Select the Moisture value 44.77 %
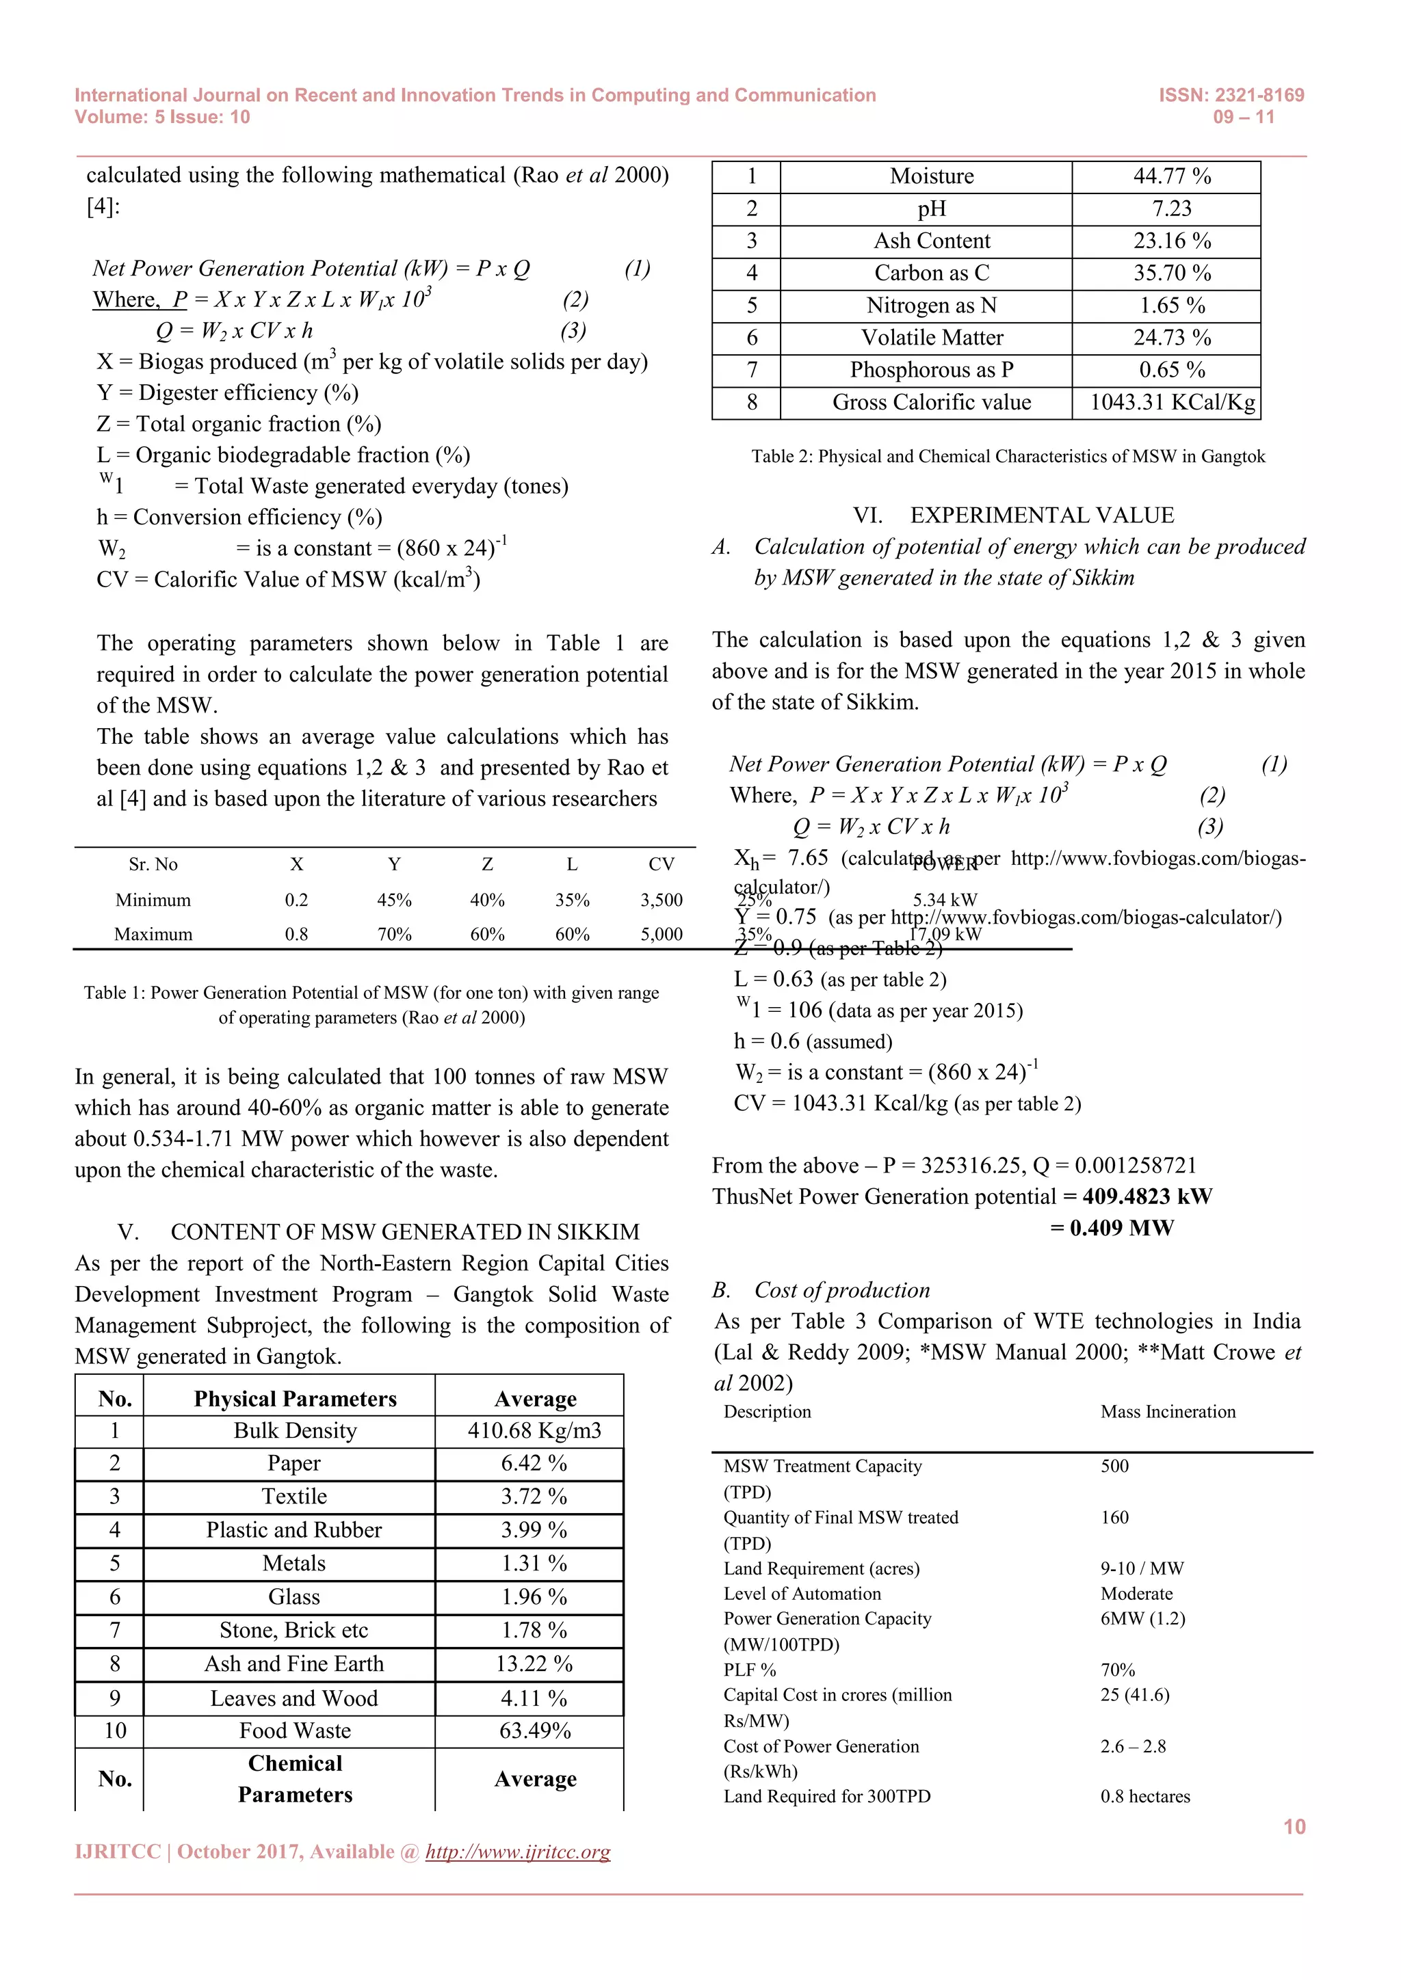(1172, 177)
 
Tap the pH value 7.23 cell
(1172, 209)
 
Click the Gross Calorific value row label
(931, 403)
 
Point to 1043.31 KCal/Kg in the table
(1172, 403)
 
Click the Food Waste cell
(294, 1730)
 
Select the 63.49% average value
(535, 1730)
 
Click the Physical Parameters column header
(295, 1399)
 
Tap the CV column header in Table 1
(661, 864)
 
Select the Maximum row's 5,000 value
(661, 934)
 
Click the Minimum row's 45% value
(394, 900)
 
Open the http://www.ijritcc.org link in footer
(518, 1851)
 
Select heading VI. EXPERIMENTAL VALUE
(1013, 516)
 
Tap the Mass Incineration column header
(1167, 1412)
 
